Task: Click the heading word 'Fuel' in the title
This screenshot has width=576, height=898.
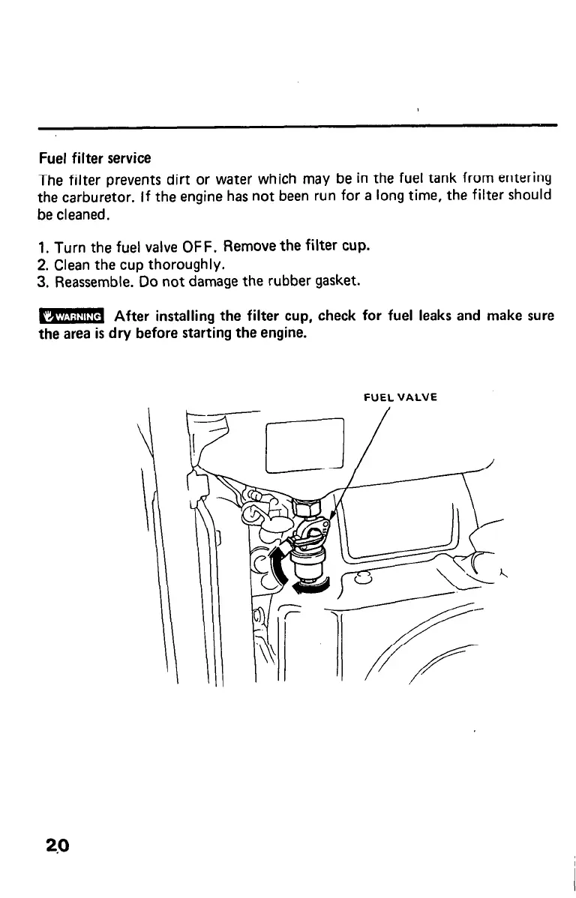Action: pos(52,158)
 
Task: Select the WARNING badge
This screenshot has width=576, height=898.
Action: pos(71,316)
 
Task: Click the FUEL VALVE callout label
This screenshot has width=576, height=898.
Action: pos(400,398)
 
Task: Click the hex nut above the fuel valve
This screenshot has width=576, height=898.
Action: pos(305,507)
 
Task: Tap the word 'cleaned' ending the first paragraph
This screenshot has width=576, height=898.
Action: pos(84,215)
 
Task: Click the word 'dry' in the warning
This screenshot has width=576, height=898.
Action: pos(120,333)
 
